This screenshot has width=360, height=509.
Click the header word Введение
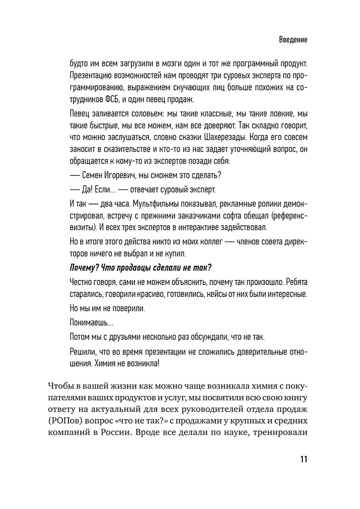tap(292, 41)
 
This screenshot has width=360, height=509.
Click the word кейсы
tap(225, 295)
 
